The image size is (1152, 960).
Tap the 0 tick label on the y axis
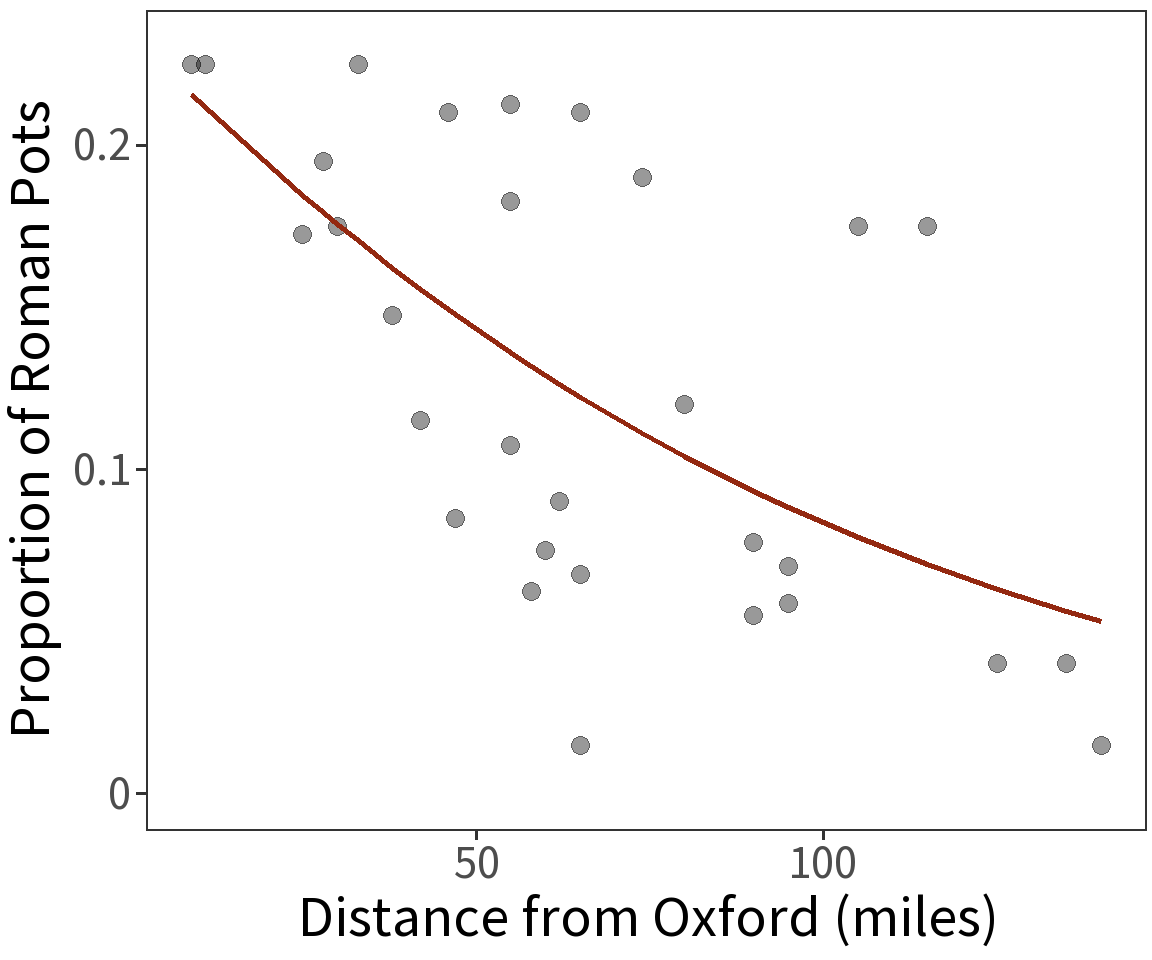click(x=120, y=794)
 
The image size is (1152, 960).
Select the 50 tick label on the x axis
click(x=476, y=864)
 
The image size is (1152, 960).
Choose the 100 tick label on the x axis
click(x=822, y=864)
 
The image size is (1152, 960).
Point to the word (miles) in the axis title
click(x=915, y=919)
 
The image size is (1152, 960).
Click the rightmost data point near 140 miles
click(x=1101, y=745)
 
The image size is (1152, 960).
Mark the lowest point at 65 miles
click(x=580, y=745)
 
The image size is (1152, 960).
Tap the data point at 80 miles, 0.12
click(x=684, y=404)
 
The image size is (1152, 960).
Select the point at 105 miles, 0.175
click(x=858, y=226)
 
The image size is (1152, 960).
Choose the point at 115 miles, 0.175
click(x=927, y=226)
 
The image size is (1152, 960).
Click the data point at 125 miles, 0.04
click(x=997, y=663)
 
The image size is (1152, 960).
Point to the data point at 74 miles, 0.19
click(x=642, y=177)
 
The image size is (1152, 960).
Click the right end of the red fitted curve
click(x=1100, y=621)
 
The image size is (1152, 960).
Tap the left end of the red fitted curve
click(x=192, y=95)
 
